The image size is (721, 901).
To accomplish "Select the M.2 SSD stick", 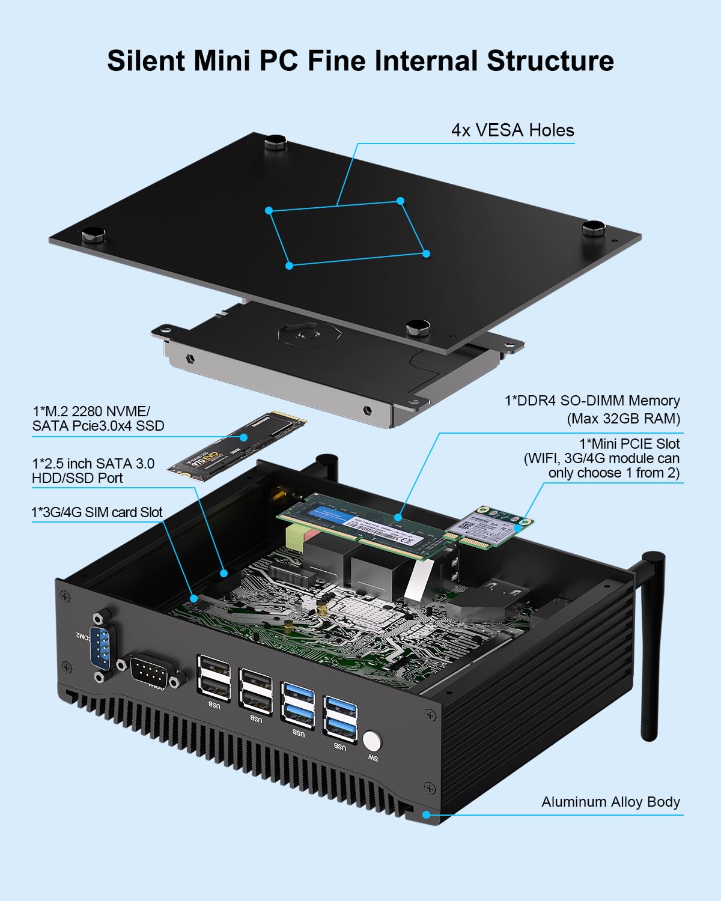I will click(x=237, y=444).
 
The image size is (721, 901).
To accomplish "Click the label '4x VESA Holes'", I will click(x=513, y=130).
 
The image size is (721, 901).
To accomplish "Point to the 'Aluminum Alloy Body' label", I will click(x=610, y=802).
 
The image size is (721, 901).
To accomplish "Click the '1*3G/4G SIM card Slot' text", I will click(x=97, y=512).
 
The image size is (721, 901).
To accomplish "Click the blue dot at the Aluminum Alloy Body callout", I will click(x=426, y=815).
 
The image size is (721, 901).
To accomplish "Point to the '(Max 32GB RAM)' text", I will click(x=623, y=419).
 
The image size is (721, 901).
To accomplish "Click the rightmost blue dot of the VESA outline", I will click(x=426, y=253).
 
